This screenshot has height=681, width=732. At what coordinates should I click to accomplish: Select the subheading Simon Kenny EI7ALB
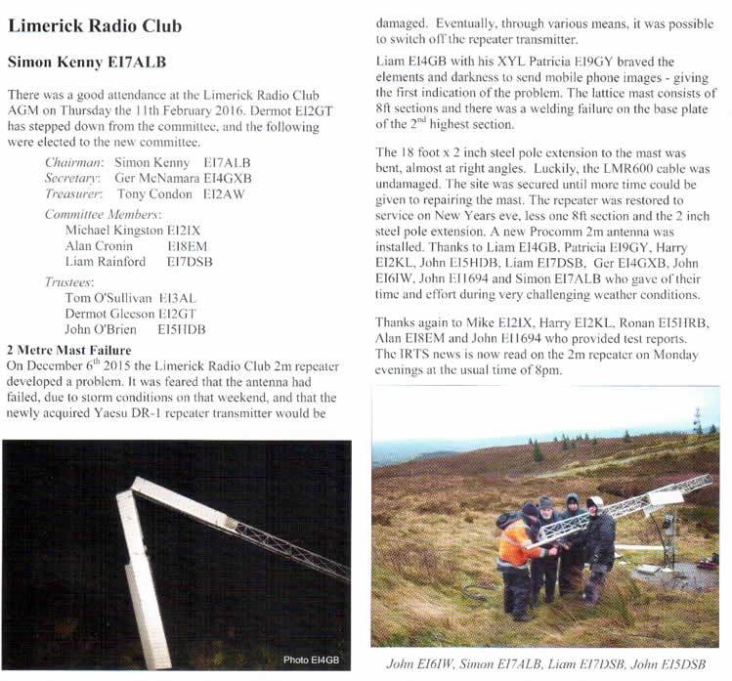coord(87,63)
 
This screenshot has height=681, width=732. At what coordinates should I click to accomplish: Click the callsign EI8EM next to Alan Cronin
coord(188,245)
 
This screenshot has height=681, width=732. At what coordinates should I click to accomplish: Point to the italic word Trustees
coord(71,281)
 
